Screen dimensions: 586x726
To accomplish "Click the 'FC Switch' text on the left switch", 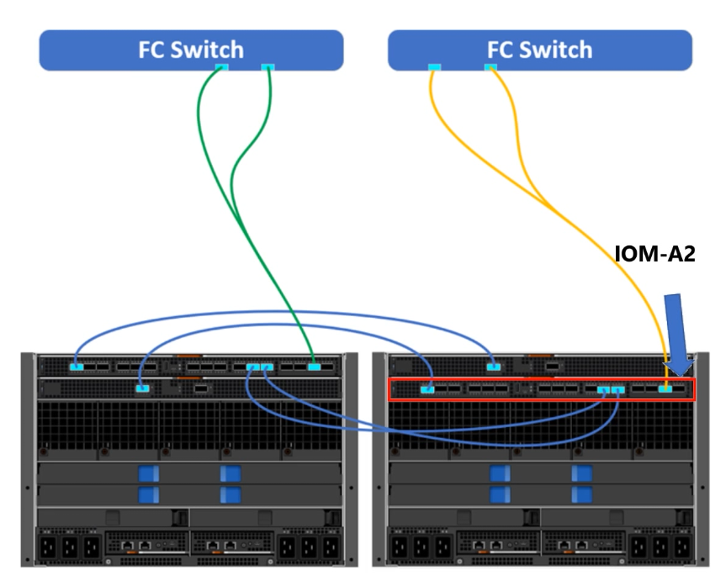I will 192,50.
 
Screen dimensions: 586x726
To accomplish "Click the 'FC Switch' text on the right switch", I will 539,50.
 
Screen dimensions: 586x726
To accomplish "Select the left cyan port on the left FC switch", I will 223,67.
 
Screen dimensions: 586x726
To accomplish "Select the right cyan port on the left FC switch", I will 268,67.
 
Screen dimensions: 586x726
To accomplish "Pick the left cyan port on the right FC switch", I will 433,67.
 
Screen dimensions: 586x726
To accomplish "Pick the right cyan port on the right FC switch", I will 490,67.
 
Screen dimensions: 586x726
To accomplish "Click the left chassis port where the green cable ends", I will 315,367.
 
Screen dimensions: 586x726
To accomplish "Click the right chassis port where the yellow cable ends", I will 665,388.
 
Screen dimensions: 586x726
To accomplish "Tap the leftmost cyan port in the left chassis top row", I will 77,367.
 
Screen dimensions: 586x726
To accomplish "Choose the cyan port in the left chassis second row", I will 143,388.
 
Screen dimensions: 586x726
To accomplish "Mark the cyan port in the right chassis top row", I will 494,367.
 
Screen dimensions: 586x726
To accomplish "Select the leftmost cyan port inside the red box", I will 428,388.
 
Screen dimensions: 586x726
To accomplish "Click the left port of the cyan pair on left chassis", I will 253,367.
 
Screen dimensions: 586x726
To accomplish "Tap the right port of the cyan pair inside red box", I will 618,389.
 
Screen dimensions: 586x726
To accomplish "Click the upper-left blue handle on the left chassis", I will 149,473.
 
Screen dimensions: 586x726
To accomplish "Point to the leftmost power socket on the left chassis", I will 50,548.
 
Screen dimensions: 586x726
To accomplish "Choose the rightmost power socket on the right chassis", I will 681,548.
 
